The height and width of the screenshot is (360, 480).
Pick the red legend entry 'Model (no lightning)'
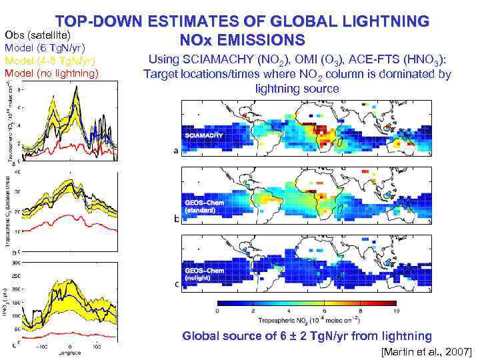coord(51,73)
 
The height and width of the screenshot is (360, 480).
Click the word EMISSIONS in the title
coord(267,40)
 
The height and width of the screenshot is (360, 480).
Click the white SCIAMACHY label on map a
coord(207,135)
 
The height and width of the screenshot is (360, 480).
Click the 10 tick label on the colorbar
coord(397,311)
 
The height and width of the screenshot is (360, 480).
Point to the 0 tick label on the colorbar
coord(219,311)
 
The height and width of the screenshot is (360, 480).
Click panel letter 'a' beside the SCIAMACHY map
coord(176,151)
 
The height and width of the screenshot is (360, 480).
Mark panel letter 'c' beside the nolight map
coord(176,285)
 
